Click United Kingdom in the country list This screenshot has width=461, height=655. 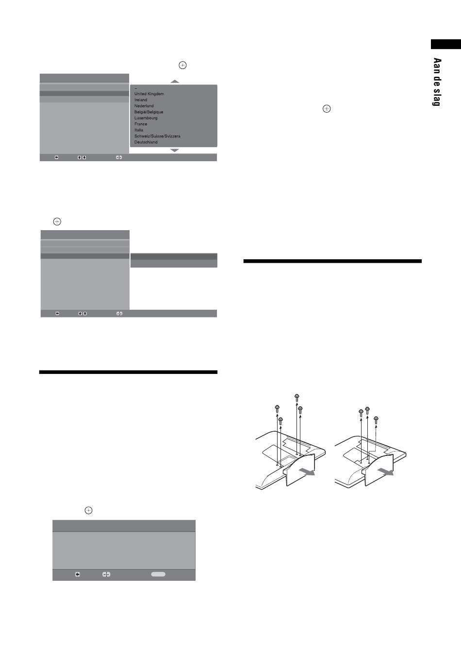pyautogui.click(x=149, y=94)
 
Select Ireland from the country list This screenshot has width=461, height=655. pyautogui.click(x=141, y=100)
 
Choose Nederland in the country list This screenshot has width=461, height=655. pyautogui.click(x=144, y=106)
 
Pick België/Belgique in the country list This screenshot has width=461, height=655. pyautogui.click(x=149, y=112)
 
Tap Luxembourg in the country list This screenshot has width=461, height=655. pyautogui.click(x=146, y=118)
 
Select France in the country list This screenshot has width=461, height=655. pyautogui.click(x=141, y=124)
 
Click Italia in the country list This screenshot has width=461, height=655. pyautogui.click(x=139, y=130)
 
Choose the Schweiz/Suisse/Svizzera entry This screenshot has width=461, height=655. pyautogui.click(x=157, y=136)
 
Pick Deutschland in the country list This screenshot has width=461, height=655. pyautogui.click(x=146, y=142)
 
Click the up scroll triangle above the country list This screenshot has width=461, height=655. pyautogui.click(x=175, y=81)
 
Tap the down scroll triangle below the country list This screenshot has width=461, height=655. pyautogui.click(x=175, y=151)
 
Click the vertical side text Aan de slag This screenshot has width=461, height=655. pyautogui.click(x=437, y=82)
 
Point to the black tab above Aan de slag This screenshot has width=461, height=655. pyautogui.click(x=446, y=44)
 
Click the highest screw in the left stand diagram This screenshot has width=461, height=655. pyautogui.click(x=296, y=397)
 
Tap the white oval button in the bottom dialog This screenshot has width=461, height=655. pyautogui.click(x=158, y=574)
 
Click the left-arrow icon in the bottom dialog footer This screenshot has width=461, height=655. pyautogui.click(x=78, y=574)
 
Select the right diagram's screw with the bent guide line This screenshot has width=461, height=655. pyautogui.click(x=377, y=420)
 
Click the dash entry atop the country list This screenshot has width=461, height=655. pyautogui.click(x=136, y=88)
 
